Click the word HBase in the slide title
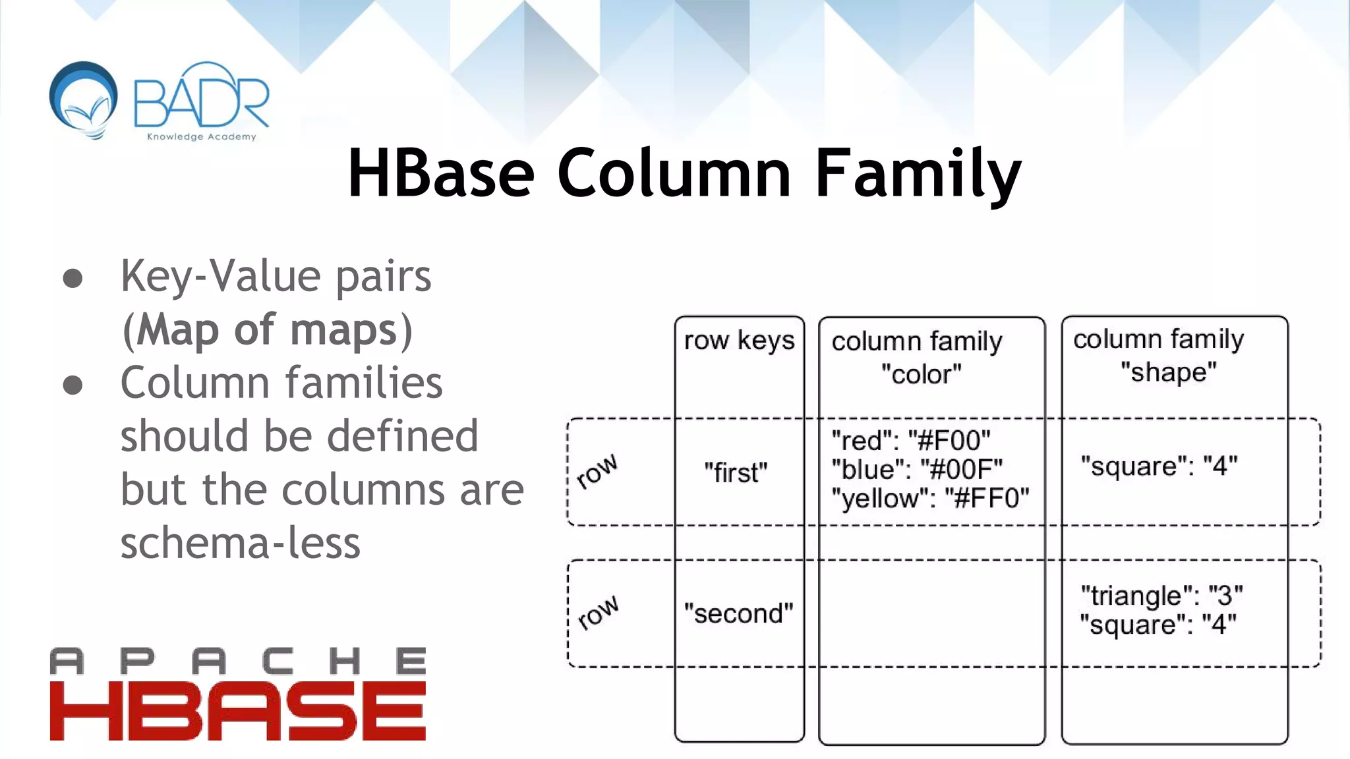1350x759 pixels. [x=440, y=173]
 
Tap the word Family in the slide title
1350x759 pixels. [x=918, y=174]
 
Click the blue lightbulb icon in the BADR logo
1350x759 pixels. [x=84, y=99]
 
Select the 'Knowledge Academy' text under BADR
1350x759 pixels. [x=201, y=137]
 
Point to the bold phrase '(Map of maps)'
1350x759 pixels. [x=268, y=329]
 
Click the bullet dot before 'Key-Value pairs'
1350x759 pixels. [x=73, y=278]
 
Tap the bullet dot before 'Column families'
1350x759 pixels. [x=73, y=385]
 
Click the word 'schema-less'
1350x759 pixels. [x=240, y=544]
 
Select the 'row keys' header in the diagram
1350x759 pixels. [x=739, y=341]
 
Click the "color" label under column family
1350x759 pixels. [x=921, y=374]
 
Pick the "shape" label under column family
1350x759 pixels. [x=1168, y=372]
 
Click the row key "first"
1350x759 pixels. [x=736, y=472]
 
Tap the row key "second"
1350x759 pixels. [x=738, y=613]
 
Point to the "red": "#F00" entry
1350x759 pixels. [x=911, y=440]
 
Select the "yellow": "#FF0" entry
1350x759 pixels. [x=930, y=498]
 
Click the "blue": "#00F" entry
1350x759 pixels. [x=917, y=469]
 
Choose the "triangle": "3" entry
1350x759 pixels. [x=1161, y=596]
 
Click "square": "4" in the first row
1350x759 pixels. [x=1159, y=466]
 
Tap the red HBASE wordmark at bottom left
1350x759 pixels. [x=237, y=712]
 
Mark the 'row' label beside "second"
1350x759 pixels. [x=597, y=613]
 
